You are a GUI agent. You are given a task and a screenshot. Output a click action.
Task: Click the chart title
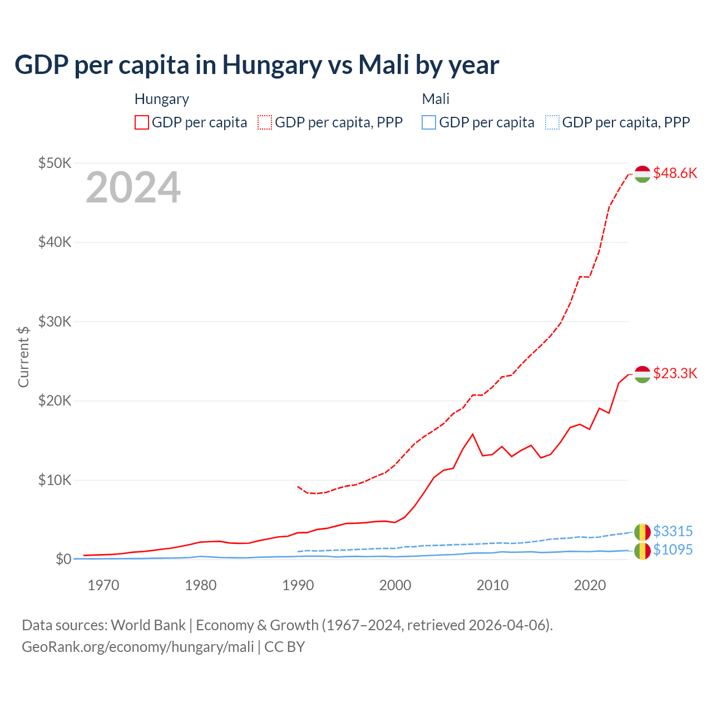click(x=256, y=65)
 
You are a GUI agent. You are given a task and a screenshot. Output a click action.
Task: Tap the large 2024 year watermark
click(x=133, y=187)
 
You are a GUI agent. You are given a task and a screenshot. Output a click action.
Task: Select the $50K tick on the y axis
click(x=55, y=163)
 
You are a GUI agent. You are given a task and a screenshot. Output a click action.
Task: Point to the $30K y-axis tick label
click(x=55, y=322)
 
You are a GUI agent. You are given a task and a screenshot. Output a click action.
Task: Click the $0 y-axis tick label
click(x=63, y=559)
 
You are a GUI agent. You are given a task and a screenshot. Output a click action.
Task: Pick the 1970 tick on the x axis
click(x=103, y=585)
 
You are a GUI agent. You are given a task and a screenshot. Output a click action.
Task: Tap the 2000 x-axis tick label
click(x=395, y=585)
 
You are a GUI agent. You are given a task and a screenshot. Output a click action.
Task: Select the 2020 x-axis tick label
click(x=590, y=585)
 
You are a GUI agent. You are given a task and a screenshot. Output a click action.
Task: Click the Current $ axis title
click(x=23, y=357)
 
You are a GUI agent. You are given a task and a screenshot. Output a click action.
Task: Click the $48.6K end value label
click(x=675, y=173)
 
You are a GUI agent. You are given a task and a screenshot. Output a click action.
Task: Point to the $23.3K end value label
click(x=675, y=373)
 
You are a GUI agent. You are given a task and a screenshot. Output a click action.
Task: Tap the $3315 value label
click(x=673, y=531)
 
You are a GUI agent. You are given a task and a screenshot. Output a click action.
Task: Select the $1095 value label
click(x=673, y=550)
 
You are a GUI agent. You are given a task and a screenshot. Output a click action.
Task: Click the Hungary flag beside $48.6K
click(x=642, y=174)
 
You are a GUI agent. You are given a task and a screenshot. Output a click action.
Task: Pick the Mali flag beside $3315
click(x=642, y=532)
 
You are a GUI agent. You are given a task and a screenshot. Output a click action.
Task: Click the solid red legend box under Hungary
click(x=142, y=122)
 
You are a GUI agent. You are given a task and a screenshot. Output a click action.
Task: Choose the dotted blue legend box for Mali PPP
click(x=552, y=122)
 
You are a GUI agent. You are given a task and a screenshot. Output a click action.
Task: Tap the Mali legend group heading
click(x=436, y=99)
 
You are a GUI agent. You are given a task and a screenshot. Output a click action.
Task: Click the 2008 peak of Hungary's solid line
click(x=473, y=434)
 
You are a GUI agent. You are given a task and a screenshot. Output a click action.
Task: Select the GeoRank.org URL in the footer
click(x=137, y=647)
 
